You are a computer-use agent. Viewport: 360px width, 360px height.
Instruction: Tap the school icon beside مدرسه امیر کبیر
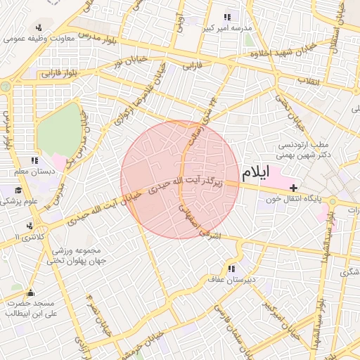pyautogui.click(x=226, y=18)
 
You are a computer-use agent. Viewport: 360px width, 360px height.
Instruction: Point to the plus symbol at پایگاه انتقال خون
pyautogui.click(x=293, y=188)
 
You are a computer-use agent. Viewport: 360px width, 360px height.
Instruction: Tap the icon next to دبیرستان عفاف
pyautogui.click(x=231, y=269)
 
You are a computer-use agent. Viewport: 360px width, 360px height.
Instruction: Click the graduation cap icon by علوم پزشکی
pyautogui.click(x=18, y=191)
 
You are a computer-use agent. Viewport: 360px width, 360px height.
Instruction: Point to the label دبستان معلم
pyautogui.click(x=28, y=171)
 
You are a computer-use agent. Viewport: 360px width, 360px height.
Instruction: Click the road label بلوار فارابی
pyautogui.click(x=59, y=73)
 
